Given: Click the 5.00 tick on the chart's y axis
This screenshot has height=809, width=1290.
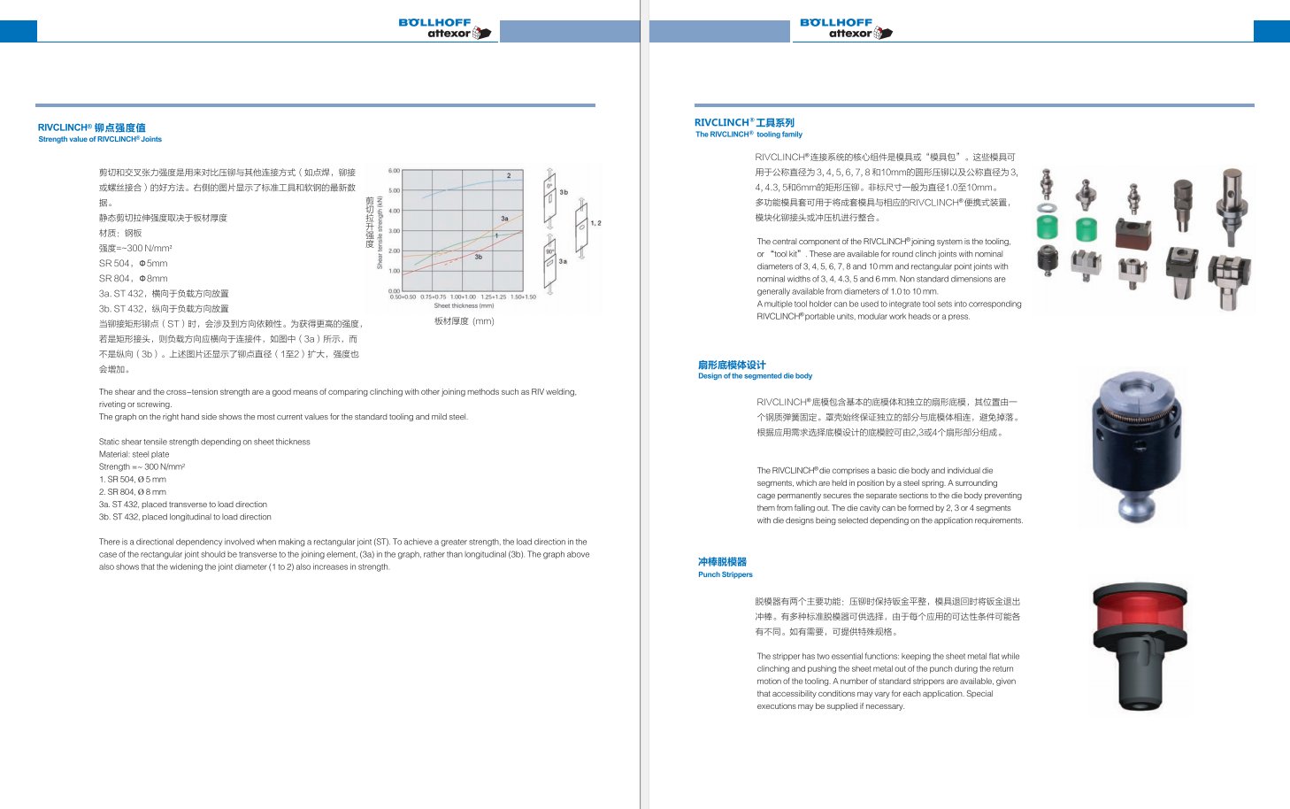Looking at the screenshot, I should click(395, 190).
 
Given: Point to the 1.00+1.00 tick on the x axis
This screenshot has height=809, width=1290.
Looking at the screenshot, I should click(463, 297).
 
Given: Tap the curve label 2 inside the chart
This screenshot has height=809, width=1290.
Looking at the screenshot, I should click(509, 176).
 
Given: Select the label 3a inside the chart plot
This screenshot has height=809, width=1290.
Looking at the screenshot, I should click(504, 218).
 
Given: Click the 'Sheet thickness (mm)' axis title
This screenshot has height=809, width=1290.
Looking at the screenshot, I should click(464, 306).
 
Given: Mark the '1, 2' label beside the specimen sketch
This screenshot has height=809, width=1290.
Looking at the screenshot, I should click(595, 223).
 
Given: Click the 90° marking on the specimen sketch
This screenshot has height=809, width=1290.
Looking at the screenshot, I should click(549, 251).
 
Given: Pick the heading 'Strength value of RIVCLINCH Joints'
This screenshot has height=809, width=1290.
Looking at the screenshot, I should click(100, 140).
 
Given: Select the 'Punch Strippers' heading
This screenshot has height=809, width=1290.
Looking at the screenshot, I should click(725, 574).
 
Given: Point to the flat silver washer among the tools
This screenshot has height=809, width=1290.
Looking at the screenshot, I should click(1047, 207).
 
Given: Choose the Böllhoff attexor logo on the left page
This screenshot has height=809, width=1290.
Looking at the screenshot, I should click(445, 28).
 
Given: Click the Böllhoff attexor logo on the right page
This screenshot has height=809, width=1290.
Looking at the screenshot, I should click(846, 28).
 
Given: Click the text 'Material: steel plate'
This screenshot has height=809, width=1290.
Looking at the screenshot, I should click(134, 454).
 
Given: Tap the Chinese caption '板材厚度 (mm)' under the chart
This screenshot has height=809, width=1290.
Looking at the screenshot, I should click(464, 321).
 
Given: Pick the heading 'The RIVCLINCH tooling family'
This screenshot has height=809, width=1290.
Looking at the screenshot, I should click(749, 135).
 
